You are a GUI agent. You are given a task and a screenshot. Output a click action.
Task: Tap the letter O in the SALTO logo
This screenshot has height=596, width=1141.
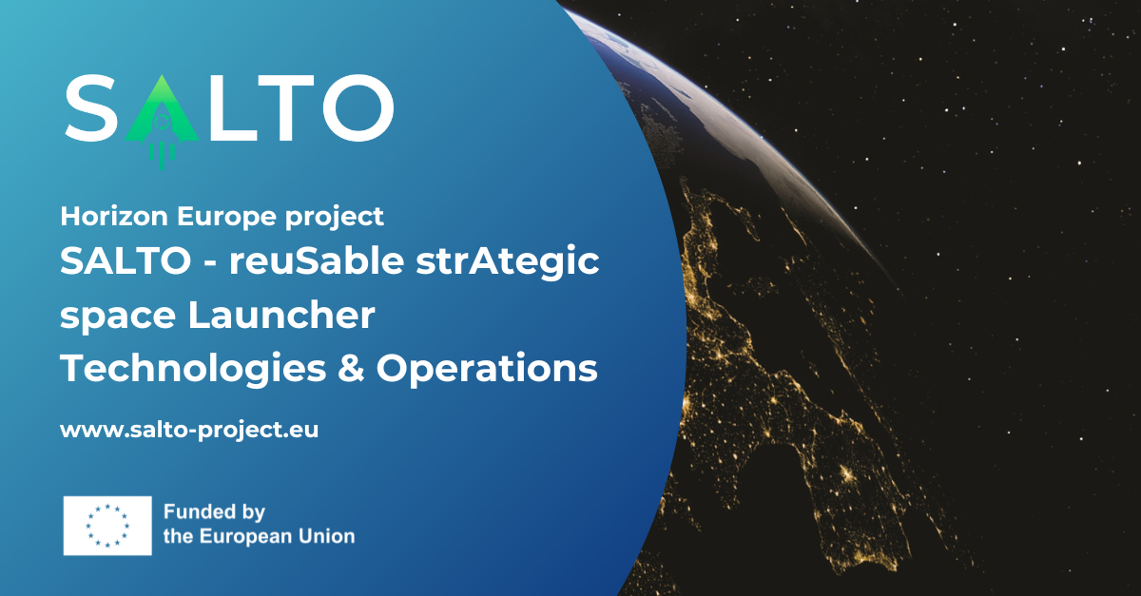click(358, 107)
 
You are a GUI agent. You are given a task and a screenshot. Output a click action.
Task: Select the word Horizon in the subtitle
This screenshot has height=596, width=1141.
click(114, 216)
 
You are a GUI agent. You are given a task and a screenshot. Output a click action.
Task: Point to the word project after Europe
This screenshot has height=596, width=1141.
click(334, 218)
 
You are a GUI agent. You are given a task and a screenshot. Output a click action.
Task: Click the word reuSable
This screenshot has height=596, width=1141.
click(317, 260)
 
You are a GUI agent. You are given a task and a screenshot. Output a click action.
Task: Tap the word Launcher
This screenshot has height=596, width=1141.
click(281, 315)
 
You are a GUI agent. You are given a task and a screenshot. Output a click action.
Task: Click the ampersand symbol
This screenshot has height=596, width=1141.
click(351, 368)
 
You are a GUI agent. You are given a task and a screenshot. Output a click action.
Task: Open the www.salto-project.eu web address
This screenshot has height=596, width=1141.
click(189, 431)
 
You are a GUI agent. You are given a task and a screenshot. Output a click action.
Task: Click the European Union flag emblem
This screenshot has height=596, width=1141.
click(107, 526)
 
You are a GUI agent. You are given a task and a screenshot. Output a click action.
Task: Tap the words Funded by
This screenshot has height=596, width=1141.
click(215, 512)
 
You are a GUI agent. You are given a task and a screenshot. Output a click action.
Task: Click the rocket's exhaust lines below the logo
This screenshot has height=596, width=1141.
click(162, 156)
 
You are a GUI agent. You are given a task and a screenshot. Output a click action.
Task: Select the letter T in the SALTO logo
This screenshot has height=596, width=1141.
click(287, 107)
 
